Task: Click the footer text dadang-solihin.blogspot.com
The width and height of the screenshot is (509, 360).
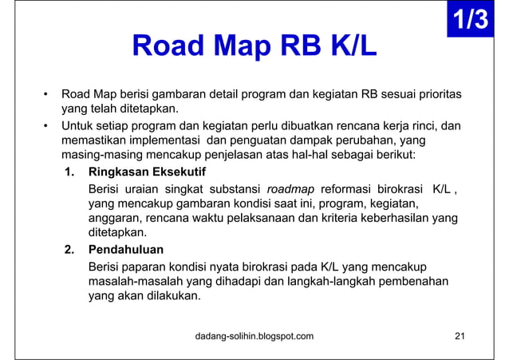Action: [x=254, y=335]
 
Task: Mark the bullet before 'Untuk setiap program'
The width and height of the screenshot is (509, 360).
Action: [x=47, y=125]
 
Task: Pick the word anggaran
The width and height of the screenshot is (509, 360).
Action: [x=114, y=218]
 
